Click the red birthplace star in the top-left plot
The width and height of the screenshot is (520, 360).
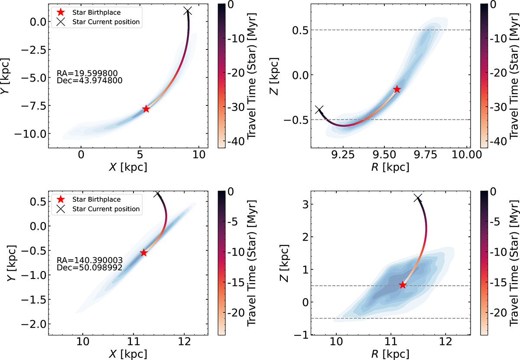click(x=146, y=108)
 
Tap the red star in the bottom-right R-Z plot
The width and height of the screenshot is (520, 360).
click(x=403, y=297)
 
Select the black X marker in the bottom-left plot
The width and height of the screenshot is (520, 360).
click(x=157, y=193)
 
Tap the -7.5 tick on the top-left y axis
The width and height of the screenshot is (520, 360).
click(x=33, y=106)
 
